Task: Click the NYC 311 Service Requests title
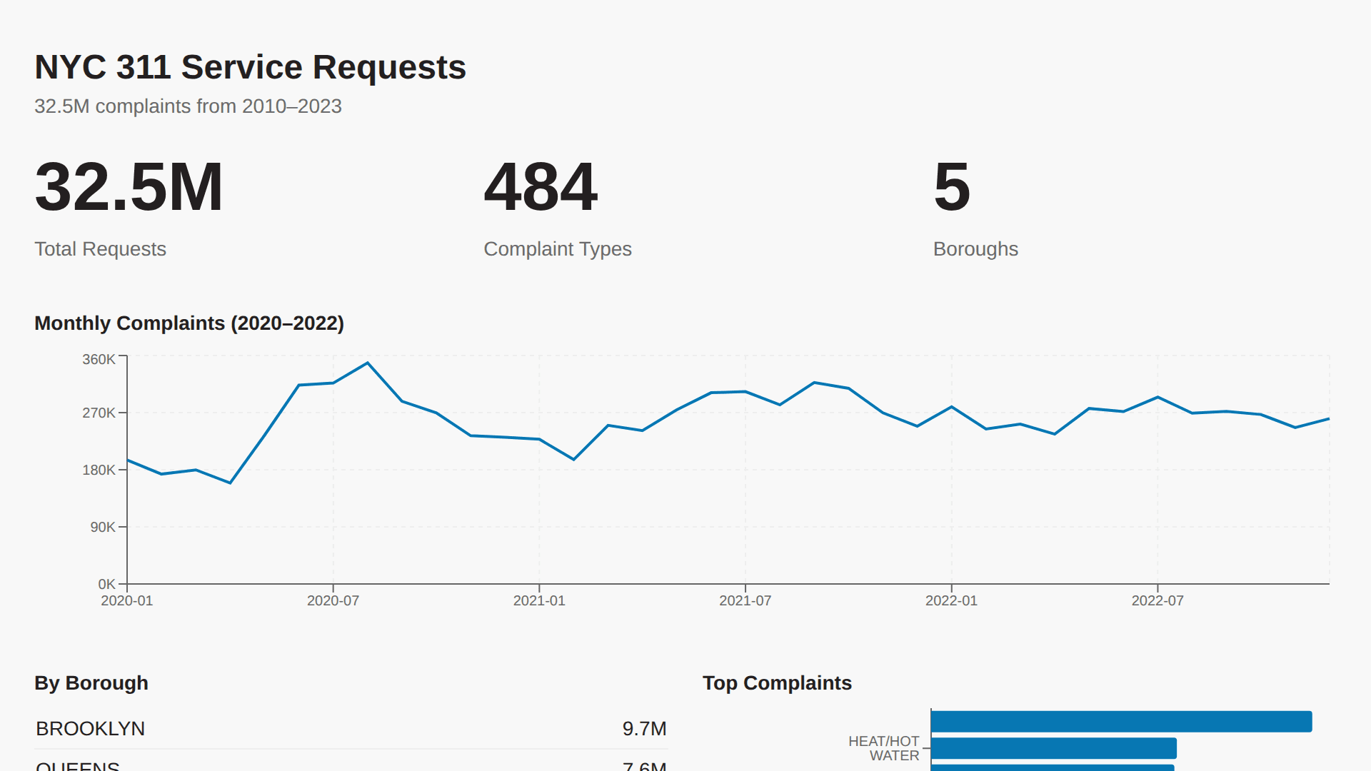pos(250,68)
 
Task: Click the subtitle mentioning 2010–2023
pos(188,106)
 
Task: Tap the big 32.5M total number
pos(129,187)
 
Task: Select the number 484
pos(541,187)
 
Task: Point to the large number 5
pos(952,187)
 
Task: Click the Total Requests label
pos(100,249)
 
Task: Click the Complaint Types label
pos(557,249)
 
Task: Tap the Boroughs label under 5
pos(975,249)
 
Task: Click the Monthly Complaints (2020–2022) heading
pos(189,323)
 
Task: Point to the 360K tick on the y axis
pos(99,360)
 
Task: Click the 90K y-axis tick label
pos(103,528)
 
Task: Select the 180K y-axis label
pos(99,470)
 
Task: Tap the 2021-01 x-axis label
pos(539,601)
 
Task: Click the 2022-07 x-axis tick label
pos(1157,601)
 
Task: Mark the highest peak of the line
pos(368,363)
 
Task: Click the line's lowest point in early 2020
pos(230,483)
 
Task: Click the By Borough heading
pos(91,683)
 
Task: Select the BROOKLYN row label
pos(91,729)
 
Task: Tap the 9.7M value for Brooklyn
pos(644,729)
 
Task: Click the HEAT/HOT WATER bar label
pos(883,748)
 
